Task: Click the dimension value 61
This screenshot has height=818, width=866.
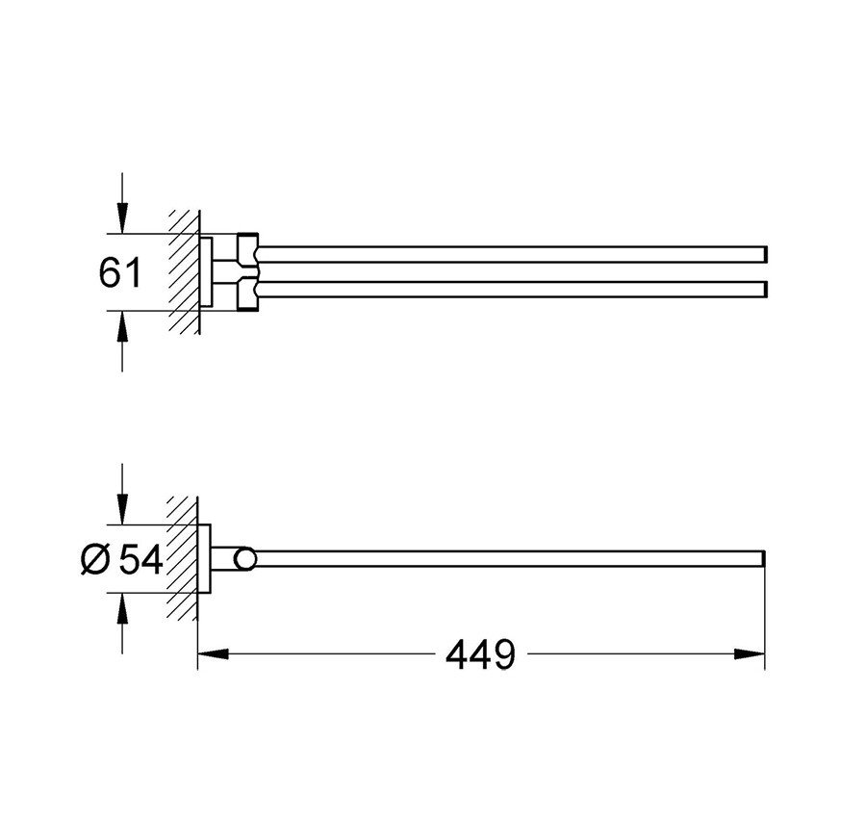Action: tap(120, 271)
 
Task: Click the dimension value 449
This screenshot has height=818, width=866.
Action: tap(480, 654)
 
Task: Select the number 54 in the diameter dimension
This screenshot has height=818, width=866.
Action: tap(141, 559)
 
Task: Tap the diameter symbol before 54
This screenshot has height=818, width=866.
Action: tap(95, 559)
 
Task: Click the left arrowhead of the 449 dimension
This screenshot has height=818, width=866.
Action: tap(213, 654)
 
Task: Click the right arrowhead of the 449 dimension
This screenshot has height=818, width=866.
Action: tap(750, 654)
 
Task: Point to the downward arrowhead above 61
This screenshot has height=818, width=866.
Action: tap(122, 218)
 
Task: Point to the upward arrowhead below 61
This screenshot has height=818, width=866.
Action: tap(122, 326)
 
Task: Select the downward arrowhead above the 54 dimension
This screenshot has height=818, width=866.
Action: tap(122, 509)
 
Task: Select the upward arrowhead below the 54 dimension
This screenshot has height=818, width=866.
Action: tap(122, 608)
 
